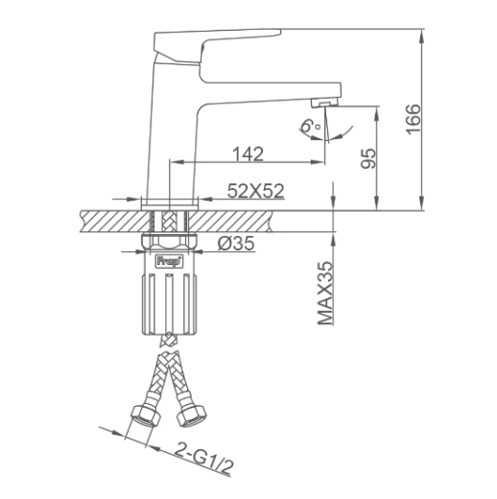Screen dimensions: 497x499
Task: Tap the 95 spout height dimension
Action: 367,158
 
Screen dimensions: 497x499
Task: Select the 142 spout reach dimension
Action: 248,154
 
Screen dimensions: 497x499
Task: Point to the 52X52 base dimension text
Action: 255,191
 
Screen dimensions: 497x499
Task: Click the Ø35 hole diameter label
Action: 236,244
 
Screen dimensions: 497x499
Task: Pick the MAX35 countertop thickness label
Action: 325,294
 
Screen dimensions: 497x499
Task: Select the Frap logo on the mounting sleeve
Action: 169,261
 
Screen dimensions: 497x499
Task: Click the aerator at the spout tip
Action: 323,103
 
